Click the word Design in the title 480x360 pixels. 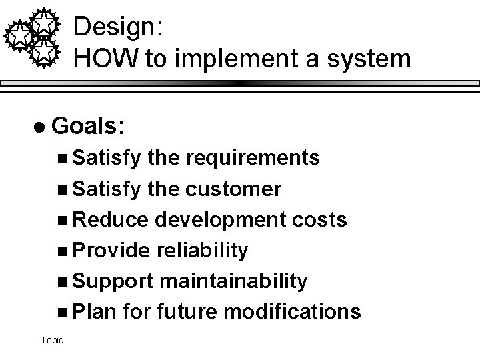114,27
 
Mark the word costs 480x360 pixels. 321,220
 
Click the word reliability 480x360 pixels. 201,251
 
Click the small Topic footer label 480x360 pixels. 51,341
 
